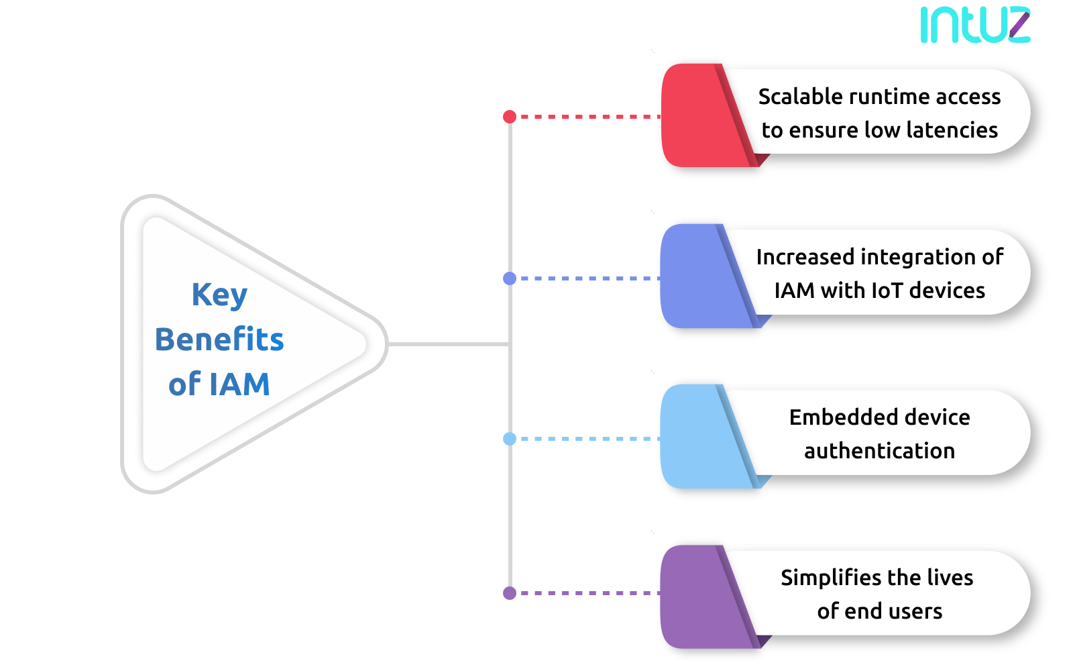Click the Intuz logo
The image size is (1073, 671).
pyautogui.click(x=974, y=25)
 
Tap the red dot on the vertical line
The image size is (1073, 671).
pyautogui.click(x=510, y=117)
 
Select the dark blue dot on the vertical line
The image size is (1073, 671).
pyautogui.click(x=510, y=278)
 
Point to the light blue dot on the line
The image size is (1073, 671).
pyautogui.click(x=510, y=439)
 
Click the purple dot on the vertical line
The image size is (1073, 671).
pyautogui.click(x=510, y=593)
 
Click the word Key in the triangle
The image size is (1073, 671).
pyautogui.click(x=219, y=295)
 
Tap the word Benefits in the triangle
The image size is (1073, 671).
pyautogui.click(x=219, y=340)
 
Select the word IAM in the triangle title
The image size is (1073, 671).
pyautogui.click(x=239, y=384)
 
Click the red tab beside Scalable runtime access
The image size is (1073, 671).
pyautogui.click(x=697, y=115)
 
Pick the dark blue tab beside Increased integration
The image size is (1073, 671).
pyautogui.click(x=697, y=276)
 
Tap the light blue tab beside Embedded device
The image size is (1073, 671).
pyautogui.click(x=697, y=436)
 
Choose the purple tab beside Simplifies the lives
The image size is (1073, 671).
pyautogui.click(x=697, y=597)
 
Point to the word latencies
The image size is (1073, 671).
pyautogui.click(x=952, y=130)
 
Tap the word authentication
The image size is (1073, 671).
pyautogui.click(x=879, y=451)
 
